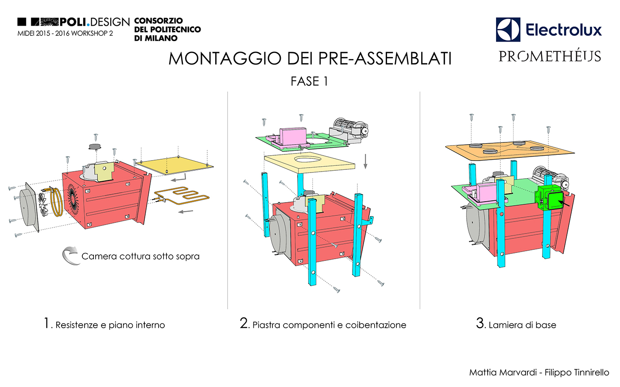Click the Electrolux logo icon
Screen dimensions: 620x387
tap(508, 30)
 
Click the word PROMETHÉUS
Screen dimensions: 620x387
tap(550, 56)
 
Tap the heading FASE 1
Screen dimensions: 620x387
tap(309, 81)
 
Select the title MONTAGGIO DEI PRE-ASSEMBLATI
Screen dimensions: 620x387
tap(310, 58)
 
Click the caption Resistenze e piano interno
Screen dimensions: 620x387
tap(110, 325)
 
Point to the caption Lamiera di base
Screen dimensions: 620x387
tap(522, 325)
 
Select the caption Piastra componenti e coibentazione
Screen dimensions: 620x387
tap(329, 325)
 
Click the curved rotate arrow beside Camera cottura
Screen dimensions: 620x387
tap(70, 256)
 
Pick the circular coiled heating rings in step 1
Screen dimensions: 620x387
tap(56, 202)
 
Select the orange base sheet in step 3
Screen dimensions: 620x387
tap(510, 150)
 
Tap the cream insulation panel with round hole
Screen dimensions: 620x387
tap(310, 163)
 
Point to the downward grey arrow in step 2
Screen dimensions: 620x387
tap(365, 161)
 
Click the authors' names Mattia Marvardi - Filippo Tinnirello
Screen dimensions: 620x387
tap(539, 372)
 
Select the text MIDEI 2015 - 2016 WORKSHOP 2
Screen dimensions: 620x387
tap(66, 34)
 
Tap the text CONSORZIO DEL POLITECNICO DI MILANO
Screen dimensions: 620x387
tap(167, 29)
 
